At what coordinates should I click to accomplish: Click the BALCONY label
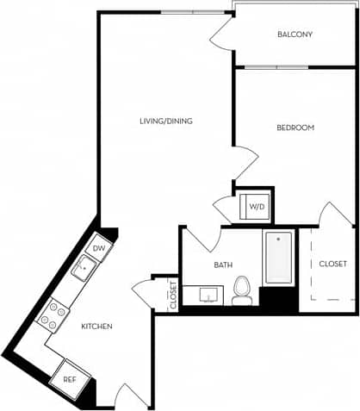coord(295,34)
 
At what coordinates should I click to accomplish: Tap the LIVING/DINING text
coord(165,121)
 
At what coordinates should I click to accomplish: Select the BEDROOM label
coord(295,128)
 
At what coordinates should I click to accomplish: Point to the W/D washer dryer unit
coord(256,207)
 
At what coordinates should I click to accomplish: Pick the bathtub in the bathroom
coord(279,257)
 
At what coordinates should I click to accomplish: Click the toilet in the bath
coord(243,290)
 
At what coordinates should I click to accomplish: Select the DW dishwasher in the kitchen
coord(99,248)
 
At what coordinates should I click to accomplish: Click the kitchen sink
coord(84,268)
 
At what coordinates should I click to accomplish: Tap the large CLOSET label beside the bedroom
coord(332,263)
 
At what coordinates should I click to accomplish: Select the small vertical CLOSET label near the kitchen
coord(173,295)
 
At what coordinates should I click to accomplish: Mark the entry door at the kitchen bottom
coord(130,395)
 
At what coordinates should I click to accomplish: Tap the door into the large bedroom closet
coord(334,215)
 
